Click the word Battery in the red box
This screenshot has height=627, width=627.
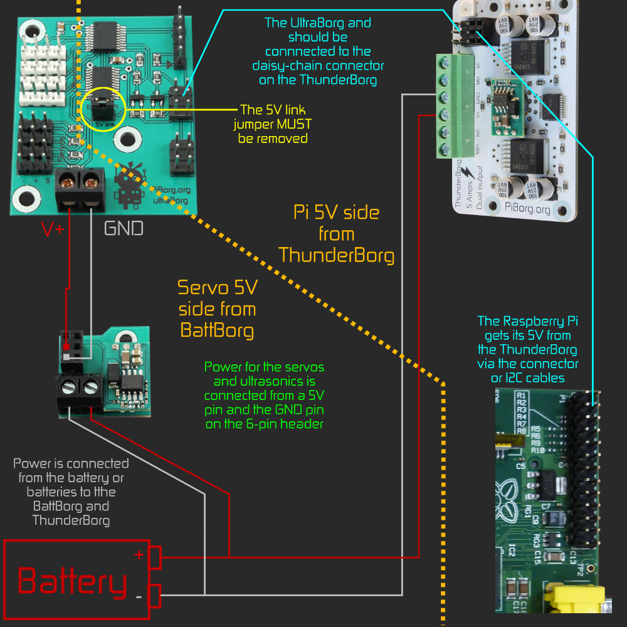click(72, 582)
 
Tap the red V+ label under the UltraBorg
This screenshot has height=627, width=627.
click(53, 230)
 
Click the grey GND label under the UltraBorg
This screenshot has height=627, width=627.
click(124, 228)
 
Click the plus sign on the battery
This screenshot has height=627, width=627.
click(139, 555)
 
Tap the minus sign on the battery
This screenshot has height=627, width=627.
click(139, 596)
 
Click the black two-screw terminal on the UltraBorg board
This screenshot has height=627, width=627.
click(81, 189)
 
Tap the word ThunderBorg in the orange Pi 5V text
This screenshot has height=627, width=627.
click(337, 255)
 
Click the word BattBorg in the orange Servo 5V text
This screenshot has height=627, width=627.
click(217, 329)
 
